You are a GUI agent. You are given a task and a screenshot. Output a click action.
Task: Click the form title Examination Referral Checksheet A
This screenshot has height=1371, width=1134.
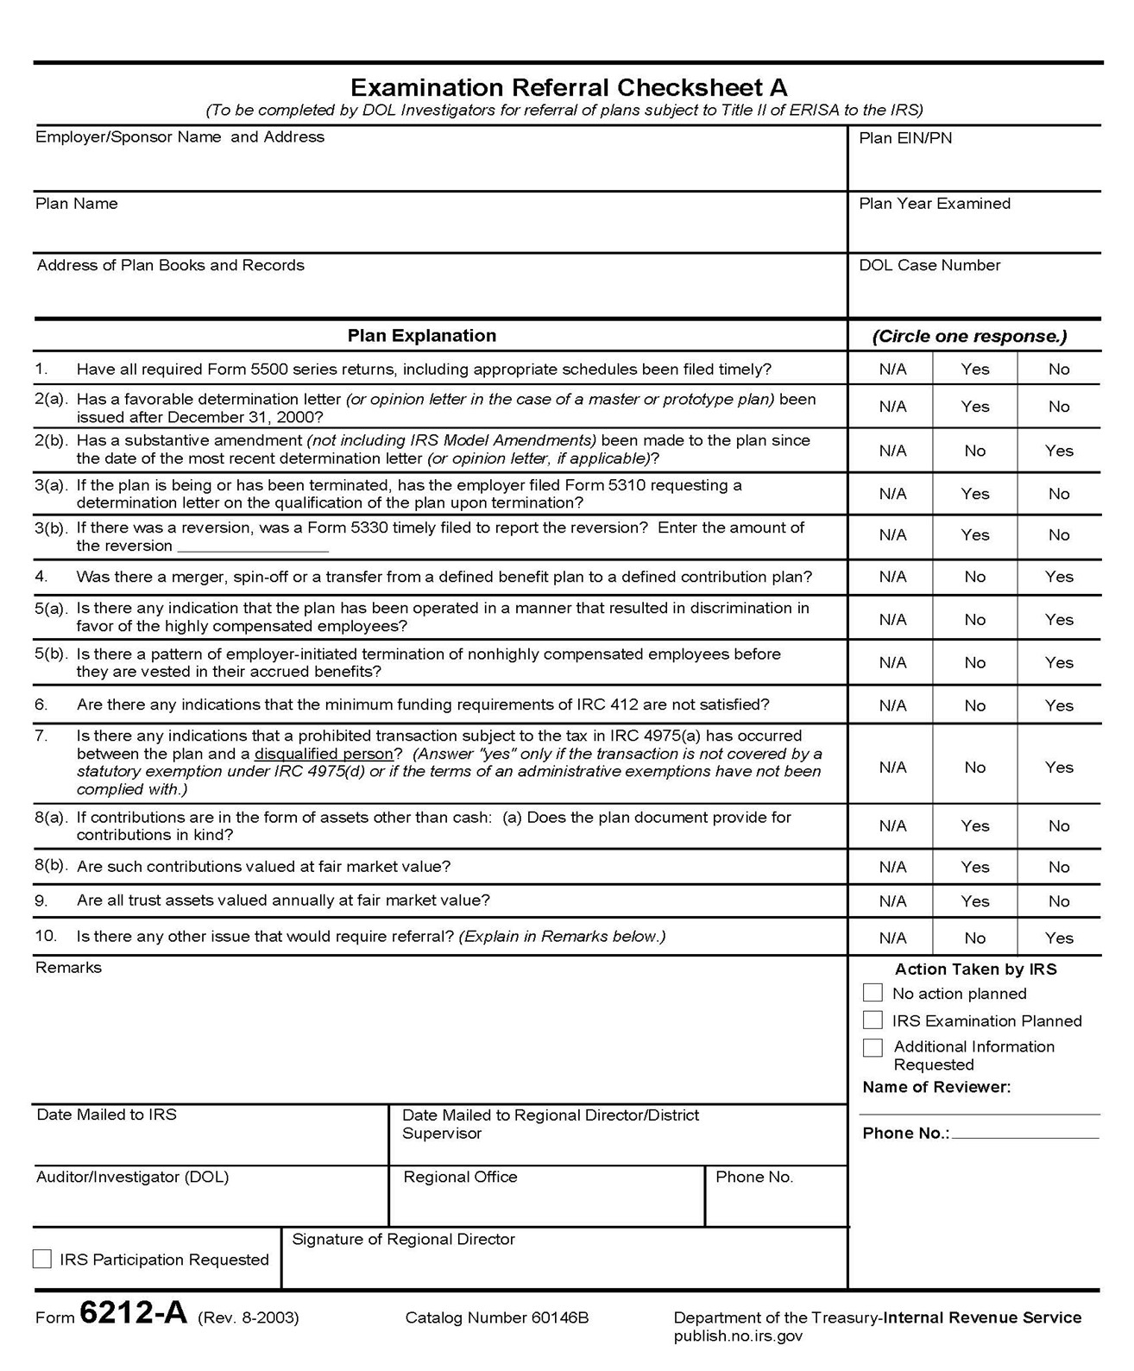click(x=568, y=87)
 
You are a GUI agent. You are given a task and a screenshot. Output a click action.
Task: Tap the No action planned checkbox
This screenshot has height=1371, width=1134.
click(x=873, y=993)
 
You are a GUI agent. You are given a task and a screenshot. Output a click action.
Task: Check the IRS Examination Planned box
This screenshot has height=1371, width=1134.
click(x=873, y=1020)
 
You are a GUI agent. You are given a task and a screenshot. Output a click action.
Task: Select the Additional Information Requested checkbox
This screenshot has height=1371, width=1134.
click(x=873, y=1047)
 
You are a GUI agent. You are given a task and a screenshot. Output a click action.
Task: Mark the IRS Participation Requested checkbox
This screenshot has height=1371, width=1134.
click(x=42, y=1259)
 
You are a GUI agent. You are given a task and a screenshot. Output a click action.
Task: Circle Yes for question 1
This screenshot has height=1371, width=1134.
click(x=974, y=369)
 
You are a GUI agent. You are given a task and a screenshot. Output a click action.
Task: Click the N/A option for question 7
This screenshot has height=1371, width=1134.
click(x=892, y=767)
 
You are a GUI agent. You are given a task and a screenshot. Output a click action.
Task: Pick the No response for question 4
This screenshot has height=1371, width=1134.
click(x=974, y=577)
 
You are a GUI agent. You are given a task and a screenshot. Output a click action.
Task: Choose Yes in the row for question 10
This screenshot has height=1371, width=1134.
click(x=1058, y=938)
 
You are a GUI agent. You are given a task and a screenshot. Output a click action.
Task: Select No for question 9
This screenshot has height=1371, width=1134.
click(x=1058, y=900)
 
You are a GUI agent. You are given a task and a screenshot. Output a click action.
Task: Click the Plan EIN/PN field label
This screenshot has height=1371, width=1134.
click(x=905, y=138)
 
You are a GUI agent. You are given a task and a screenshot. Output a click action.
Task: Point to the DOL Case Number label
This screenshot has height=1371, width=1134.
click(x=929, y=265)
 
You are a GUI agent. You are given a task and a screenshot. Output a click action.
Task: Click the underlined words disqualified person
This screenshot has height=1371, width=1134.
click(x=323, y=754)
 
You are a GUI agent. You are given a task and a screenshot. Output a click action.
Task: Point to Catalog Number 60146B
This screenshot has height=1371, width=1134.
click(x=496, y=1317)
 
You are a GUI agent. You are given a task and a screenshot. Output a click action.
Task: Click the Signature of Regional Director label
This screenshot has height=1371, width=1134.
click(x=403, y=1239)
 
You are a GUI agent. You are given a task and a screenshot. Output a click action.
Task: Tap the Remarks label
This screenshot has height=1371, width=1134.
click(x=68, y=968)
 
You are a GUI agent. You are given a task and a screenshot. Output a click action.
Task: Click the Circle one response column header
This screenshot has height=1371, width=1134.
click(x=969, y=336)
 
